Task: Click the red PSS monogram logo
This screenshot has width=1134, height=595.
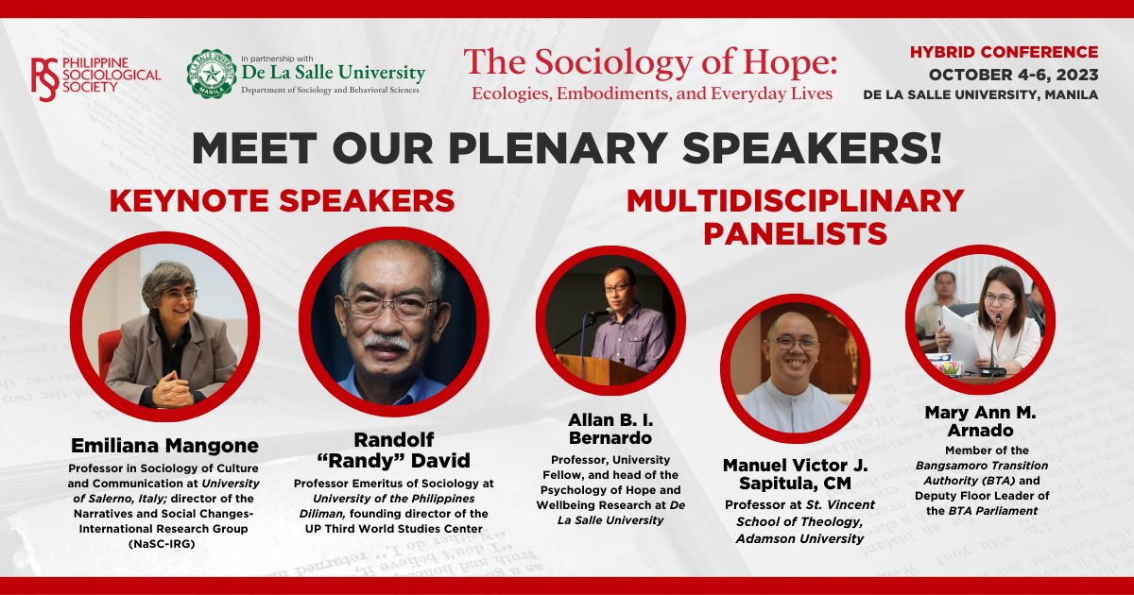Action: (44, 76)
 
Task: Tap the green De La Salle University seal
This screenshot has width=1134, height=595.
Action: (211, 75)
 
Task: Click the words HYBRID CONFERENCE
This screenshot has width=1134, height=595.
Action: (1004, 52)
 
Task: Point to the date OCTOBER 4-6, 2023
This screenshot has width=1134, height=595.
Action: (1013, 74)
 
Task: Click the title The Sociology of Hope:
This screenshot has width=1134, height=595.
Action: (650, 62)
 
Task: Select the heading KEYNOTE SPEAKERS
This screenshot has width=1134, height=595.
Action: (282, 201)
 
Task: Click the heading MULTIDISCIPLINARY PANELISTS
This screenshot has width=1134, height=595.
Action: (794, 216)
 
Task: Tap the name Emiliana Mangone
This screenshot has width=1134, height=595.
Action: (165, 445)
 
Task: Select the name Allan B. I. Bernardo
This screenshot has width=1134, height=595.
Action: (610, 429)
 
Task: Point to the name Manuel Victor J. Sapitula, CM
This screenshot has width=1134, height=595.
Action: (799, 474)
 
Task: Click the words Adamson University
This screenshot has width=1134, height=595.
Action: (799, 538)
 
